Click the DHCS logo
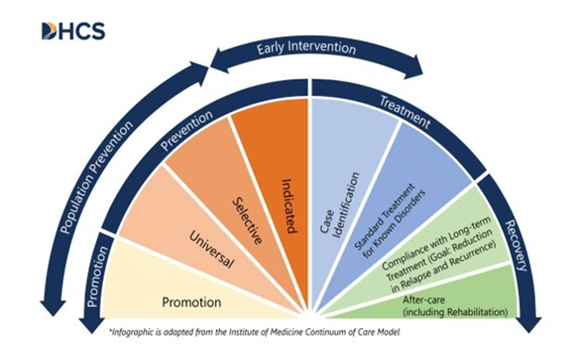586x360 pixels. point(72,31)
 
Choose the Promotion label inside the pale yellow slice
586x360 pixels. point(192,303)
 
